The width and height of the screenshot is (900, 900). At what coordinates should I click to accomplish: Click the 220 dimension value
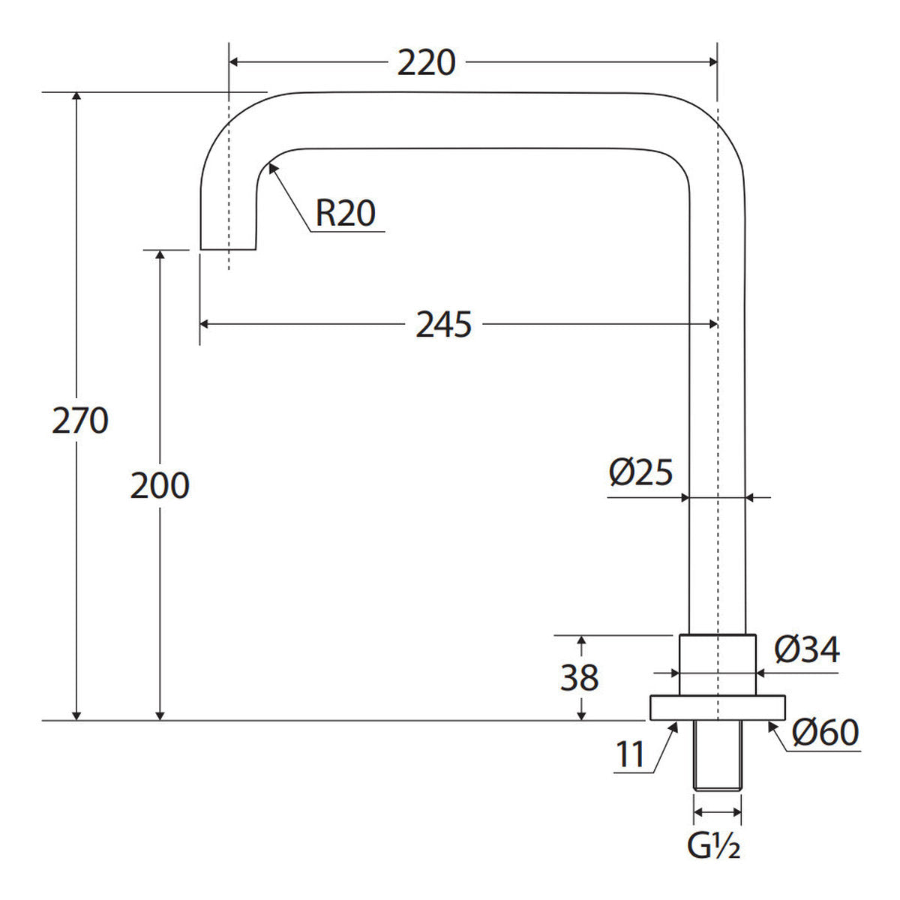[426, 62]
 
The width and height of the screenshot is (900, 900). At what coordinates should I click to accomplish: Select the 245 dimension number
[443, 325]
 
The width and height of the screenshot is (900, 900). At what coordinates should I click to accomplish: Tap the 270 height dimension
[80, 421]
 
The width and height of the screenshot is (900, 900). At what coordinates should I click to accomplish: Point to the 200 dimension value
[160, 486]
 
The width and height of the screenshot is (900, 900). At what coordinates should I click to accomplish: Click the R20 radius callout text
[346, 214]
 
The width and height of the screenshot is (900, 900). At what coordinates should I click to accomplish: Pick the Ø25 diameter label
[640, 472]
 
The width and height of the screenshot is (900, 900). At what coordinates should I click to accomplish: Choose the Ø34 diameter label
[807, 649]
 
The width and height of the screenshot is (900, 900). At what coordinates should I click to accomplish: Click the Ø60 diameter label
[825, 732]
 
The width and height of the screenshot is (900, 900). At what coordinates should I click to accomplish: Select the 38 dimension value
[579, 678]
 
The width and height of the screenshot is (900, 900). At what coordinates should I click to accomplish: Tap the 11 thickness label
[631, 753]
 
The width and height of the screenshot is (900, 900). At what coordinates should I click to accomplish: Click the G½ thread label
[713, 858]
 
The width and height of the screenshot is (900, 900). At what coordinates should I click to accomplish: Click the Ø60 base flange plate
[718, 708]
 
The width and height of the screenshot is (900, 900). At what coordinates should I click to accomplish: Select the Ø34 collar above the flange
[718, 665]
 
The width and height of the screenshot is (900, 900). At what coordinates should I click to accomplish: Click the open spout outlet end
[229, 249]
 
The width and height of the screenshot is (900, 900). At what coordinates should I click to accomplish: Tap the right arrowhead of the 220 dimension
[716, 62]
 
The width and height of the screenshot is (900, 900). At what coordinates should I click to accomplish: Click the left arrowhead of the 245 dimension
[200, 324]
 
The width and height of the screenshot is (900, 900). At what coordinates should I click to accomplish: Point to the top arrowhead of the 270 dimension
[77, 93]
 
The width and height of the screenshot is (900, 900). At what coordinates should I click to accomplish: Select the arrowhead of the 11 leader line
[677, 722]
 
